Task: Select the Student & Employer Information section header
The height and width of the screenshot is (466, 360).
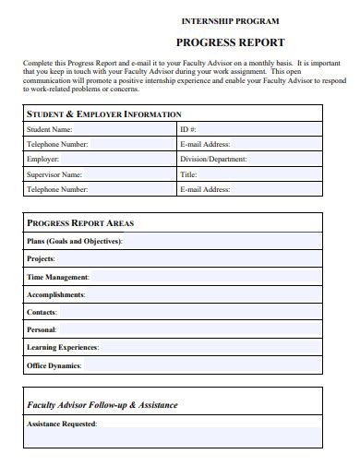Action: click(103, 114)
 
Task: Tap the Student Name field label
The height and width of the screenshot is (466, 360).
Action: click(50, 130)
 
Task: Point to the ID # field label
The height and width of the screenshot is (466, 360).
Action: click(188, 130)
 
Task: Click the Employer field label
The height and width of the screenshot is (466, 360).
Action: click(43, 159)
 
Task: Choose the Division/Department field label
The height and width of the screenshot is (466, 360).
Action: click(213, 159)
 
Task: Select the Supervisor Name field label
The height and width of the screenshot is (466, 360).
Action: click(54, 173)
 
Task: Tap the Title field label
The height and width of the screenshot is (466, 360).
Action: click(189, 173)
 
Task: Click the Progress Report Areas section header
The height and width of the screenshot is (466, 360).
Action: click(80, 223)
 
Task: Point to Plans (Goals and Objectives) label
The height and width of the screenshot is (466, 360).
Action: click(74, 241)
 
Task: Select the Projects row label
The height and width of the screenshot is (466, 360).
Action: click(41, 258)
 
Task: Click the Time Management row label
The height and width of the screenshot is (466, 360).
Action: click(58, 277)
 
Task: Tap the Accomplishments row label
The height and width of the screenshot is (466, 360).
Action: click(56, 294)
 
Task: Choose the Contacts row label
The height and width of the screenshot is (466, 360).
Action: click(42, 312)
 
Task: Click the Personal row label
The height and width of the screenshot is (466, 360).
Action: click(42, 329)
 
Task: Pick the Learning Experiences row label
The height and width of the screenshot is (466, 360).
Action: click(63, 348)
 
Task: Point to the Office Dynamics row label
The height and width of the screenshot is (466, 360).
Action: click(54, 365)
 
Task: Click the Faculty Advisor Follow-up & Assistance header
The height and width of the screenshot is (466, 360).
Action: click(102, 404)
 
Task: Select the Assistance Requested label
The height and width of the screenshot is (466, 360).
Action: click(62, 424)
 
